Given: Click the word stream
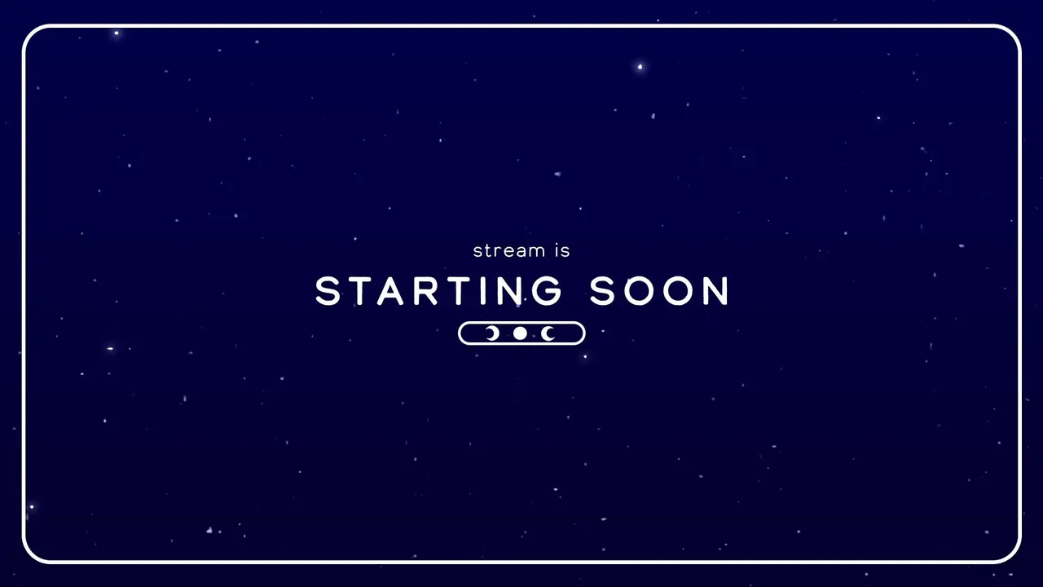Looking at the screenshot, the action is (509, 250).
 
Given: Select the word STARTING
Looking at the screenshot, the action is (438, 291).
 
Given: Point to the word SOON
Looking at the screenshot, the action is (659, 291).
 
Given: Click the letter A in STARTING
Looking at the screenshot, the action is (390, 291).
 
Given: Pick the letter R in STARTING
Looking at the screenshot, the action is (425, 291).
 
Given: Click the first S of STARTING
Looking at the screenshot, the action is (328, 291).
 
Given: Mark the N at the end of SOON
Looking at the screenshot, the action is (716, 291).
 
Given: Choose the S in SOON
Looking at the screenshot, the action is (602, 291).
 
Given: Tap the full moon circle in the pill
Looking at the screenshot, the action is (520, 333).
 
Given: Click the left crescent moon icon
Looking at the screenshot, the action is (494, 333).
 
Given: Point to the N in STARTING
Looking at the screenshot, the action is (509, 291).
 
